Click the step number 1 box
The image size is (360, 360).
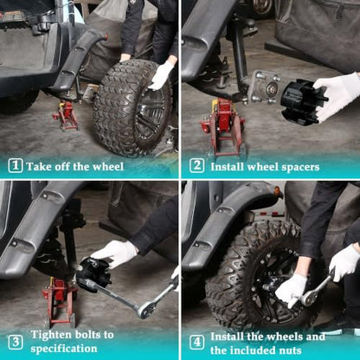point(16,166)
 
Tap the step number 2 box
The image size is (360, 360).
point(196,166)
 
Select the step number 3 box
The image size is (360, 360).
point(16,342)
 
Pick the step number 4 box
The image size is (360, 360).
point(197,343)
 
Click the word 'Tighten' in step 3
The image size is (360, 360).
point(49,335)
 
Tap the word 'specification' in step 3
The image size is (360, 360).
point(64,349)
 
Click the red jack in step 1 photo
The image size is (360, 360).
point(66,115)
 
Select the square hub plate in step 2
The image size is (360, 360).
point(265,87)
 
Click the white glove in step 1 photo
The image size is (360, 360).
point(161,75)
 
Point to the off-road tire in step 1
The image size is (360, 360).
point(132,108)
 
